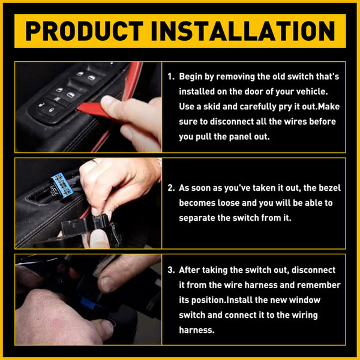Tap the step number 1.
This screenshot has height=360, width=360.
(170, 77)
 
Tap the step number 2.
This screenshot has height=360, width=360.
(170, 188)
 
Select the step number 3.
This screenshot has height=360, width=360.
(170, 271)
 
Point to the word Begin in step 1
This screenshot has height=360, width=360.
(192, 77)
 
